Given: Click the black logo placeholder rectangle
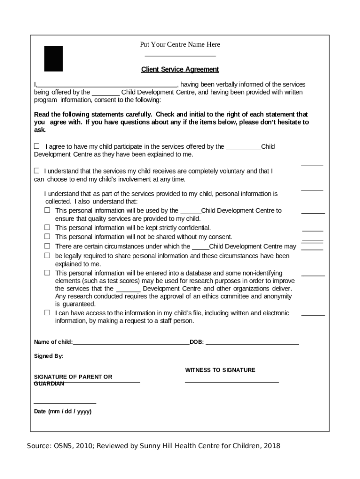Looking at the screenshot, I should pyautogui.click(x=53, y=58).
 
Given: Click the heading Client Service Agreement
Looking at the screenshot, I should pyautogui.click(x=180, y=69).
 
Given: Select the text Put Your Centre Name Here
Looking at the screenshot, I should pyautogui.click(x=180, y=44).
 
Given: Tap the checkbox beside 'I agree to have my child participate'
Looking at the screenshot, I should pyautogui.click(x=37, y=146).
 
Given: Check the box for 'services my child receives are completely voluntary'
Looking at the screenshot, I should pyautogui.click(x=37, y=171).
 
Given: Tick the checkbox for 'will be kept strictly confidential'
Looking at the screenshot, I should pyautogui.click(x=47, y=228).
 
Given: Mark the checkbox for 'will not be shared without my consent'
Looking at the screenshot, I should pyautogui.click(x=47, y=237).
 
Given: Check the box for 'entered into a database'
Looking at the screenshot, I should pyautogui.click(x=47, y=273).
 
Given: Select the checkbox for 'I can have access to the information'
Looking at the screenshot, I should pyautogui.click(x=47, y=312).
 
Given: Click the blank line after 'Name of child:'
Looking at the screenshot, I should pyautogui.click(x=131, y=343).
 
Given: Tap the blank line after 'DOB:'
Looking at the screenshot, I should pyautogui.click(x=252, y=343).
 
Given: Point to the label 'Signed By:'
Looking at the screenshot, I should pyautogui.click(x=49, y=356).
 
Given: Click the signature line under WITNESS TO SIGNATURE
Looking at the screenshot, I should pyautogui.click(x=232, y=382).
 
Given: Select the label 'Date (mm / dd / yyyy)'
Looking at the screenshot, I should pyautogui.click(x=63, y=412).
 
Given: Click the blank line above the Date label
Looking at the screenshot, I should pyautogui.click(x=65, y=403).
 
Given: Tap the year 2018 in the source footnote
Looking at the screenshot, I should pyautogui.click(x=273, y=446).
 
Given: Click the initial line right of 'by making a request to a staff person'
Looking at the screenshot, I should pyautogui.click(x=313, y=315).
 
